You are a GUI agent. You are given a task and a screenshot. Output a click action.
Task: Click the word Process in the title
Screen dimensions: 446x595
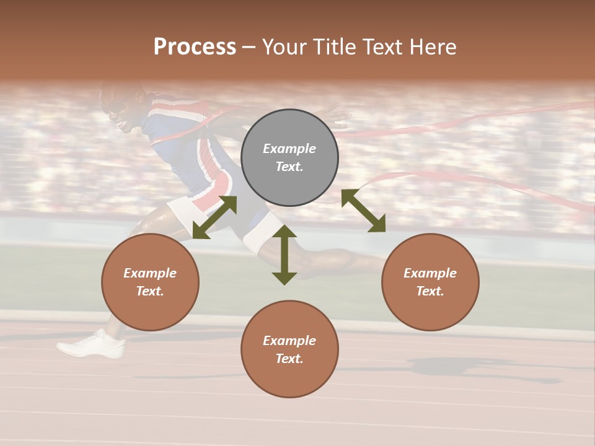point(195,47)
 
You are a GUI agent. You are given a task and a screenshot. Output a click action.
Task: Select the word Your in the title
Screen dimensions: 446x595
point(284,47)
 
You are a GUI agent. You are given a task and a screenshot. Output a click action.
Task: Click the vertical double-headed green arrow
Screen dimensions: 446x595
point(284,255)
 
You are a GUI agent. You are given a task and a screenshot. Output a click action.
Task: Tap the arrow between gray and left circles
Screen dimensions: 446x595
point(214,217)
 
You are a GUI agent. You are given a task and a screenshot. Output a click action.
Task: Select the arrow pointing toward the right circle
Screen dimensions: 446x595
point(363,211)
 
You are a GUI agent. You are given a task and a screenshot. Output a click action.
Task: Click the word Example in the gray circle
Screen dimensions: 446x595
point(289,149)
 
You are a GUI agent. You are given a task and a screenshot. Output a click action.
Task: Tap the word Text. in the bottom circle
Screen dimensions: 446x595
point(289,359)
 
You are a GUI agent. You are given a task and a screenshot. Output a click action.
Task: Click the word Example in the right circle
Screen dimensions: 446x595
point(430,273)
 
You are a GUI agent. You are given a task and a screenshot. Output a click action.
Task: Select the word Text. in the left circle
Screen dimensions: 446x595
point(150,291)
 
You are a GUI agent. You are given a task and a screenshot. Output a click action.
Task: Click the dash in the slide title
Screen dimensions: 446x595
point(249,48)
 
